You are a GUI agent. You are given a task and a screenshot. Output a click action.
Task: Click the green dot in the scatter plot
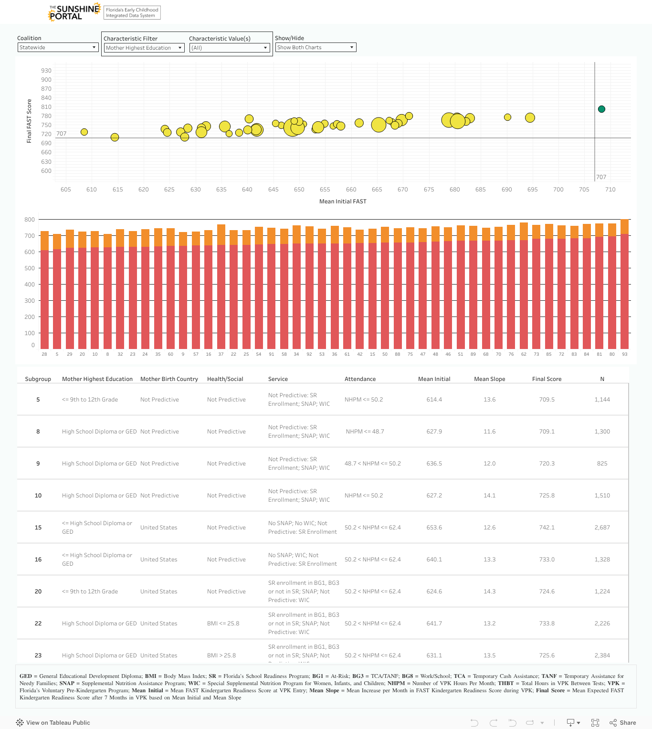[601, 109]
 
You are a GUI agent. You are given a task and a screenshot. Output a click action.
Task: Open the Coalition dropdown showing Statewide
[58, 47]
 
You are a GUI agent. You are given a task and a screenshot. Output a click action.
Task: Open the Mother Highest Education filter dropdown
[144, 48]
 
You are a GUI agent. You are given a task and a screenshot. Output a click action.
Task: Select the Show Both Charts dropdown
[315, 47]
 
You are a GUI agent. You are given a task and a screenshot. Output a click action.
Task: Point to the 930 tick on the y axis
[46, 71]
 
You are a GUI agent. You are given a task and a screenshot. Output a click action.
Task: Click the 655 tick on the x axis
[325, 190]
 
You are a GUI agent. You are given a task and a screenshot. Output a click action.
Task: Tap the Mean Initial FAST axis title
[343, 201]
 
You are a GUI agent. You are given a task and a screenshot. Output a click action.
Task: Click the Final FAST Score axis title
[29, 121]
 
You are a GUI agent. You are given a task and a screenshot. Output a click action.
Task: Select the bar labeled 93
[624, 284]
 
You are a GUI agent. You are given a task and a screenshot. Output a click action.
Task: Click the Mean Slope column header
[489, 379]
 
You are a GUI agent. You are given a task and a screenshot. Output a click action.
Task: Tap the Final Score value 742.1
[547, 528]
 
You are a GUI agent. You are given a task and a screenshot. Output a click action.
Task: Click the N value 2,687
[602, 528]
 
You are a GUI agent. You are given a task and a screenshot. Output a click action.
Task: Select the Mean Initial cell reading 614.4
[434, 400]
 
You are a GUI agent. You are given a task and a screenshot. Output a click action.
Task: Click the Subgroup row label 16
[38, 560]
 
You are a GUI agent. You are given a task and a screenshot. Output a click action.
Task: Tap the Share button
[623, 723]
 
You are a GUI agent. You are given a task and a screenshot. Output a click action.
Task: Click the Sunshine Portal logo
[74, 12]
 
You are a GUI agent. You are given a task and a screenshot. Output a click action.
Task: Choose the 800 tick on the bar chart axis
[30, 220]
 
